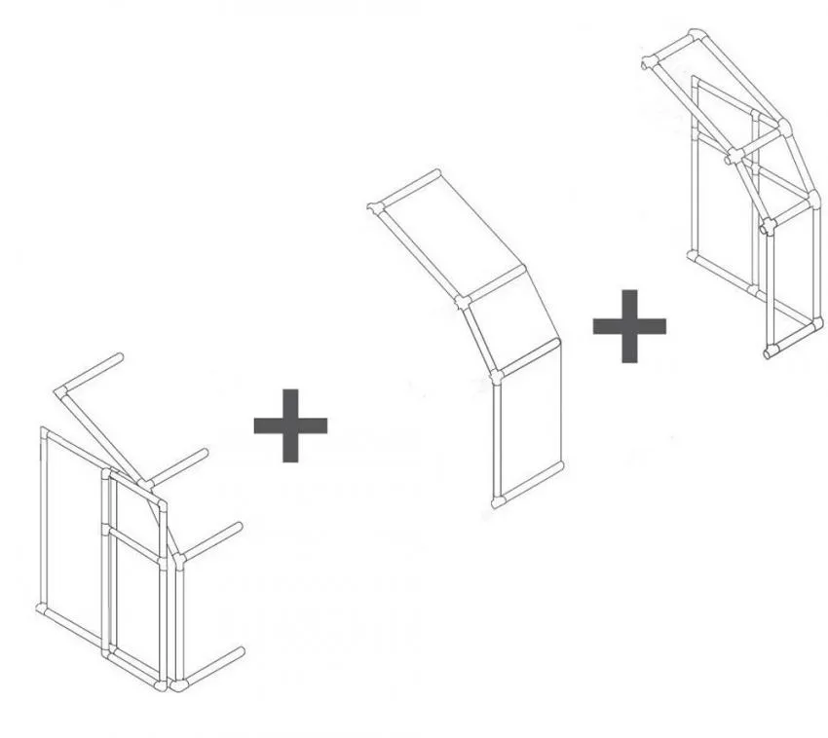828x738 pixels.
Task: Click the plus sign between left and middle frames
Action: point(290,425)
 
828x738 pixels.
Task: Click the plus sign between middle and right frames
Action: point(630,325)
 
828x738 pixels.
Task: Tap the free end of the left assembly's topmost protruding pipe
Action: point(120,358)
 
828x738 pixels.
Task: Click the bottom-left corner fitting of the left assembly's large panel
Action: point(43,609)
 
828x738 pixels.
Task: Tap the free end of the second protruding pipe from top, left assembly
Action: point(204,454)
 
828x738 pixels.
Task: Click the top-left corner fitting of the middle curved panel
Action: point(375,206)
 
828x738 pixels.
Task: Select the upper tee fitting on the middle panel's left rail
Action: point(462,303)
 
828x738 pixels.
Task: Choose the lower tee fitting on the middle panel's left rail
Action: point(497,375)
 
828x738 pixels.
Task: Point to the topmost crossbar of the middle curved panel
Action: point(407,190)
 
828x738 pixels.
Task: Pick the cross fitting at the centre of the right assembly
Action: point(734,153)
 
